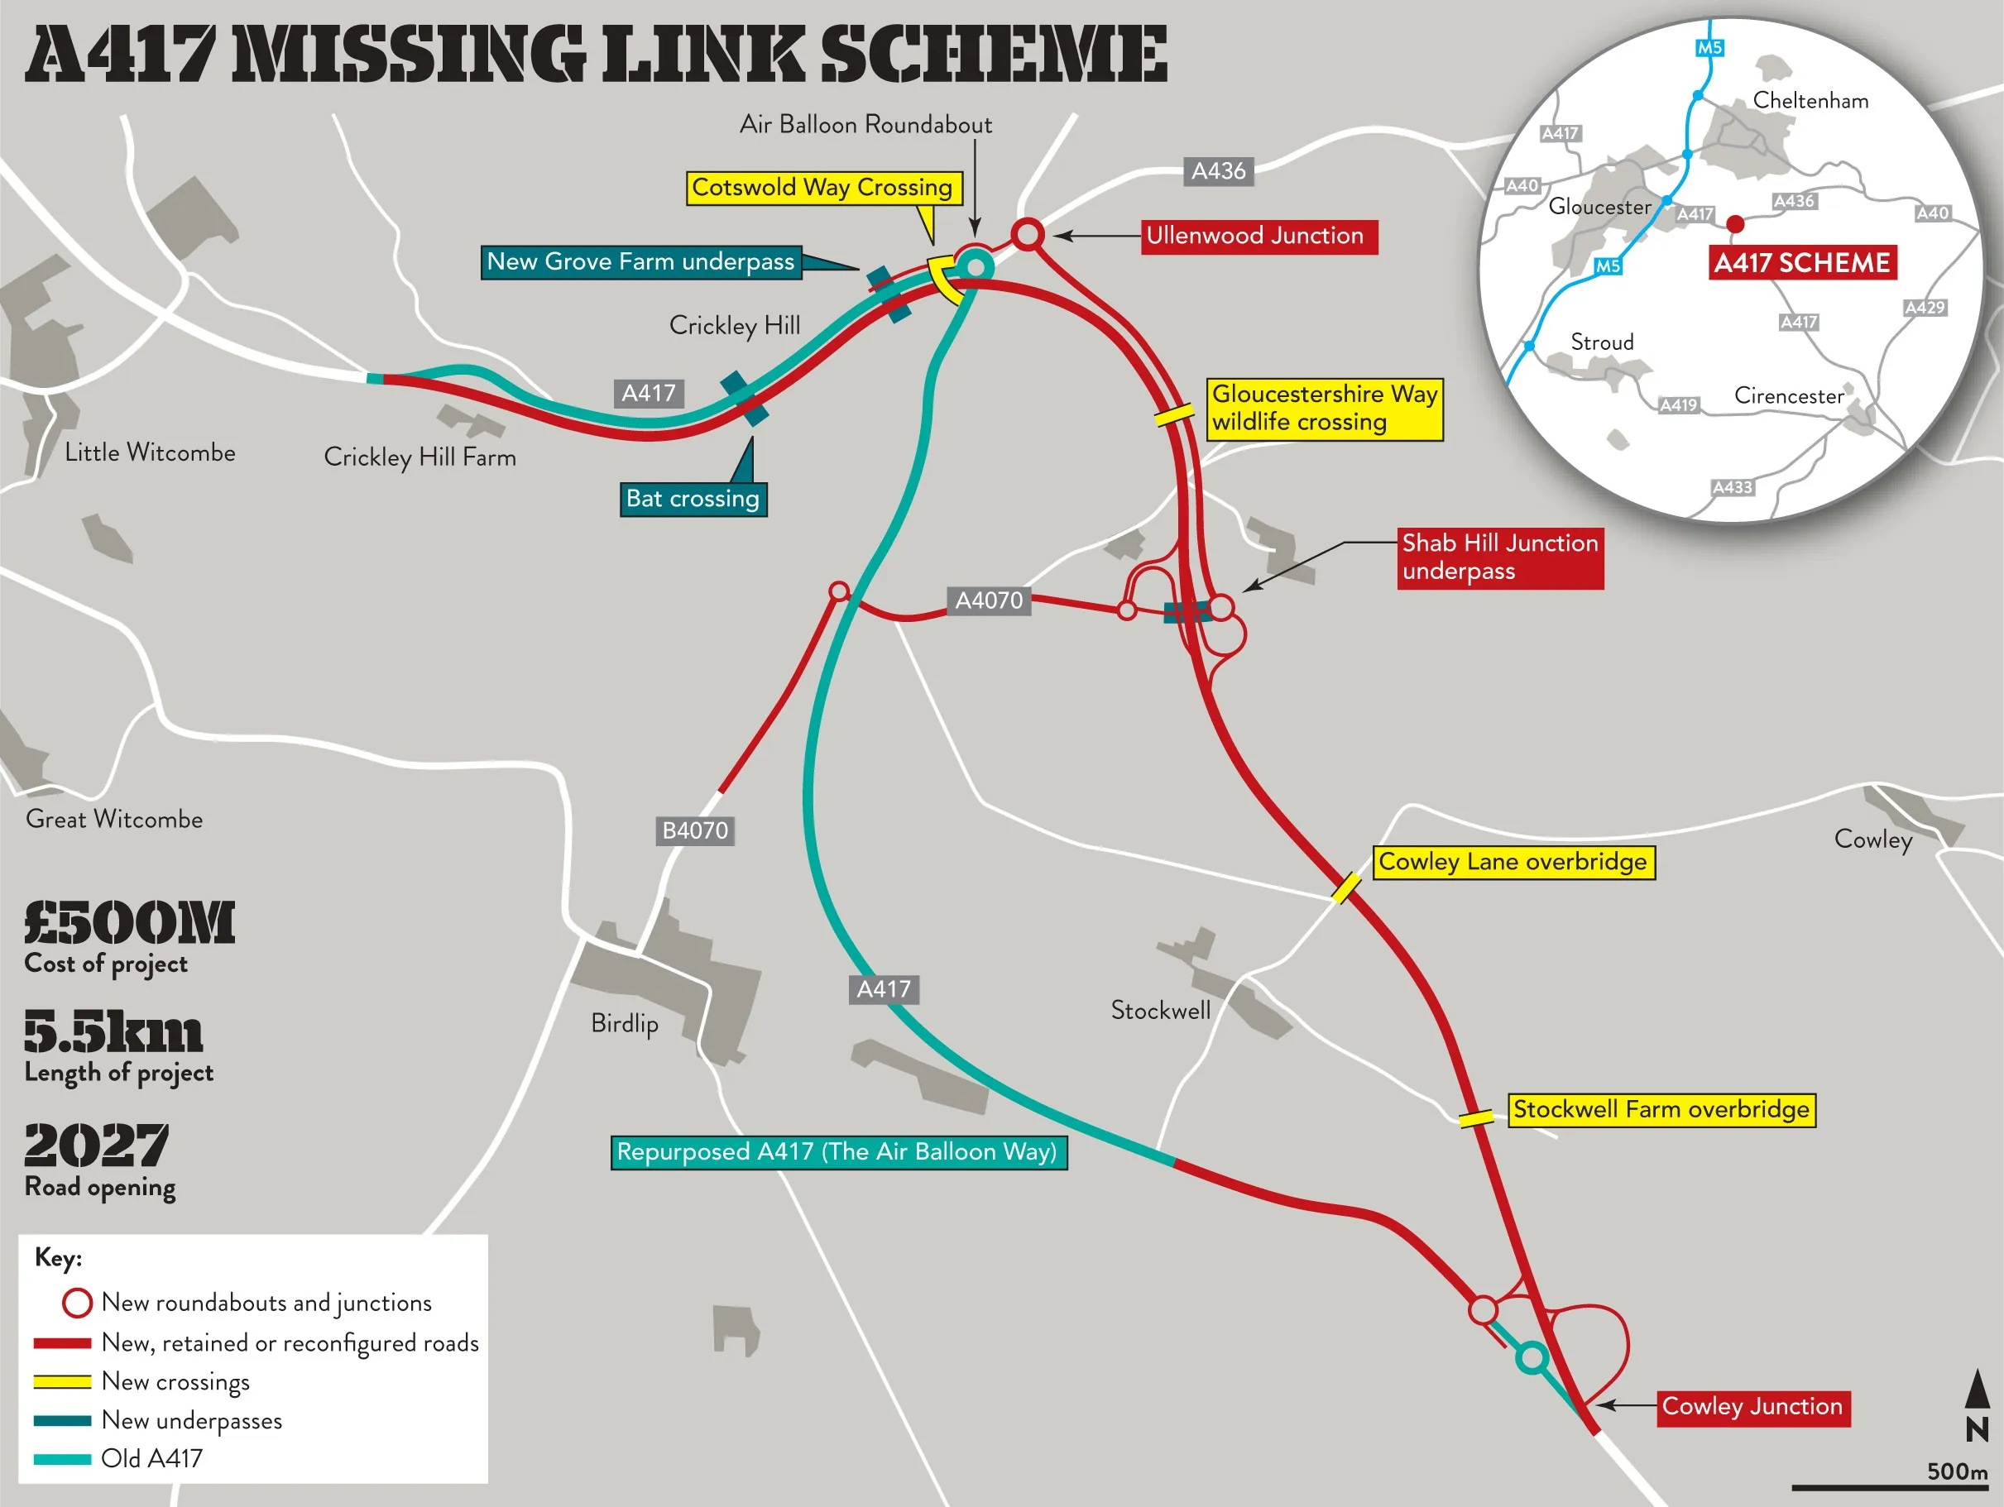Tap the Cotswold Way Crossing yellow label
pyautogui.click(x=822, y=188)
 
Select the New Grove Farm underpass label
pyautogui.click(x=640, y=261)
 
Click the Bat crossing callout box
pyautogui.click(x=693, y=499)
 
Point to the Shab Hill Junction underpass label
pyautogui.click(x=1499, y=557)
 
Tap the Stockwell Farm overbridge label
pyautogui.click(x=1661, y=1109)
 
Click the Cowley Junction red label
pyautogui.click(x=1752, y=1406)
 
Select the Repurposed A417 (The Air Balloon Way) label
pyautogui.click(x=838, y=1152)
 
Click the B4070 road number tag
pyautogui.click(x=695, y=830)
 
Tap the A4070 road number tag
pyautogui.click(x=989, y=600)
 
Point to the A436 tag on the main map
pyautogui.click(x=1218, y=171)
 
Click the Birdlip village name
pyautogui.click(x=624, y=1023)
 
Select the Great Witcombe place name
pyautogui.click(x=114, y=819)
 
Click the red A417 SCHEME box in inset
pyautogui.click(x=1801, y=264)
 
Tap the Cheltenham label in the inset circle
pyautogui.click(x=1810, y=101)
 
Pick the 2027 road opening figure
pyautogui.click(x=96, y=1146)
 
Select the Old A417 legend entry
pyautogui.click(x=151, y=1458)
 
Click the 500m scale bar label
pyautogui.click(x=1956, y=1471)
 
